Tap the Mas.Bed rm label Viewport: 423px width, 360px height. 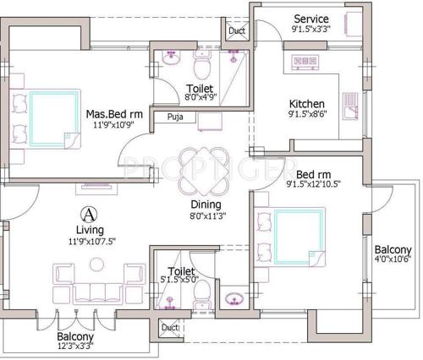point(113,114)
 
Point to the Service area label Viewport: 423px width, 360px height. point(311,19)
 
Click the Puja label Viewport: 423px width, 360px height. point(175,117)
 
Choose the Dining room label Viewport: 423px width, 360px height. point(206,205)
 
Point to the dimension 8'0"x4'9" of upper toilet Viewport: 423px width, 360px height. point(201,98)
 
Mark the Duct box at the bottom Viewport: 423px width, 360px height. point(169,327)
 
